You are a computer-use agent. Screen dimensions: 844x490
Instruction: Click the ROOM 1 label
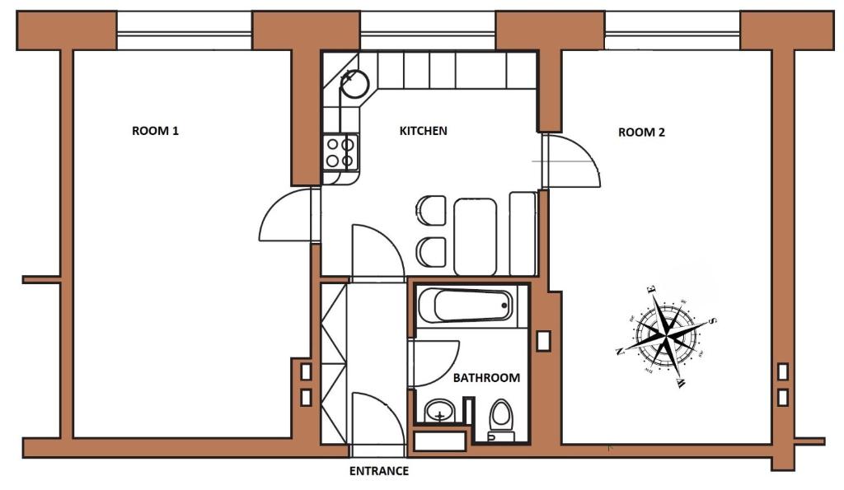point(155,131)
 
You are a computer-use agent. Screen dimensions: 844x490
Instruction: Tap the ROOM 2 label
point(641,133)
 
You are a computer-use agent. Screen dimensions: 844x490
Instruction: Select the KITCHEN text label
point(423,131)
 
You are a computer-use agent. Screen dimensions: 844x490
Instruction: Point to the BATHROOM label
point(486,378)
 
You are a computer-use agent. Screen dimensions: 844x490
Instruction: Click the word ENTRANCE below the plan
point(379,471)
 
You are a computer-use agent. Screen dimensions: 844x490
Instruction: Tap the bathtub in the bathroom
point(467,306)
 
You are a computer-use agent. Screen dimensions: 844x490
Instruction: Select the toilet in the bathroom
point(501,420)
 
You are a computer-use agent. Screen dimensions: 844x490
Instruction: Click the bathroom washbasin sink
point(440,412)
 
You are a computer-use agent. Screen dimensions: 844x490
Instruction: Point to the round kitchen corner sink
point(354,83)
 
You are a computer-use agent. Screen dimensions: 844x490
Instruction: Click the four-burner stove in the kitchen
point(340,152)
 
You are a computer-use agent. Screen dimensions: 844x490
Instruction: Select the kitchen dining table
point(476,236)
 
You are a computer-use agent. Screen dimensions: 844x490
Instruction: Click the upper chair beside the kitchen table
point(430,210)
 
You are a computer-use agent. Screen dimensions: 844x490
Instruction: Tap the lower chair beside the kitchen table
point(430,252)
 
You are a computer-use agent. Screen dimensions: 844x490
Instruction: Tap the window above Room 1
point(184,31)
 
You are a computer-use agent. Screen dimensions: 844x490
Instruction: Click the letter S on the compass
point(712,321)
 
